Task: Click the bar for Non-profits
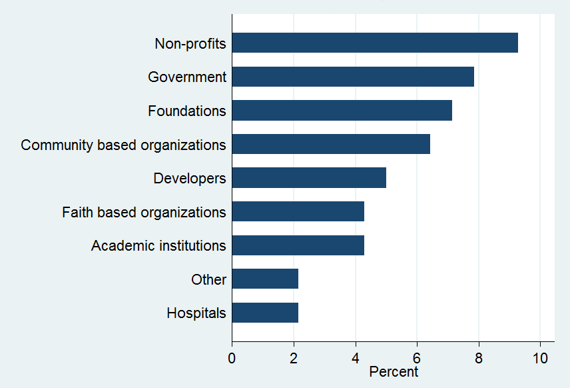pos(375,43)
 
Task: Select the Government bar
pos(353,77)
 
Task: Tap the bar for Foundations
pos(342,111)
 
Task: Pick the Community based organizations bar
pos(331,144)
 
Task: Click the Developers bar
pos(309,178)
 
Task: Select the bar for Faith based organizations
pos(298,211)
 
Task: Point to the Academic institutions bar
pos(298,245)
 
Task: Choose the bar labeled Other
pos(265,279)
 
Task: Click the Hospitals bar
pos(265,313)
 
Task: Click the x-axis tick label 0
pos(232,358)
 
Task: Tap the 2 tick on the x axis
pos(294,358)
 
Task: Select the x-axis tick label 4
pos(356,358)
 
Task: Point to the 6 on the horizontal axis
pos(417,358)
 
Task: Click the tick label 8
pos(479,358)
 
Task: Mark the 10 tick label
pos(540,358)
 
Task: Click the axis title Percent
pos(393,372)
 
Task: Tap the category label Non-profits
pos(190,44)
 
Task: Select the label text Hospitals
pos(196,313)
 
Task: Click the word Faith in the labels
pos(77,213)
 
